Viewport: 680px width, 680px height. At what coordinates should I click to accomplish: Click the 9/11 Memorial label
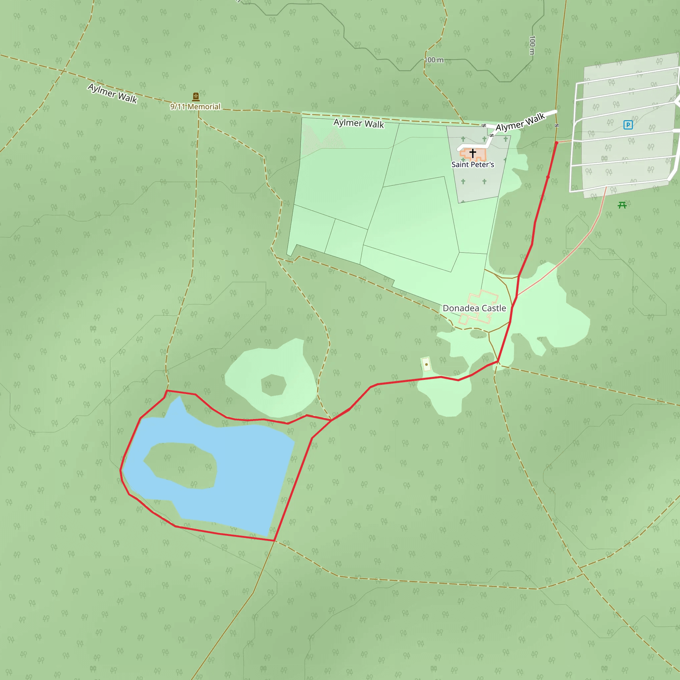pyautogui.click(x=195, y=107)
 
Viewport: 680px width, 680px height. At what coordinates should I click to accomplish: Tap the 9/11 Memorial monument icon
pyautogui.click(x=196, y=96)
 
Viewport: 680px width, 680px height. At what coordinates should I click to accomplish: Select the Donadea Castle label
pyautogui.click(x=474, y=308)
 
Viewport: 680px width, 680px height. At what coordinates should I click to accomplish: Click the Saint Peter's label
pyautogui.click(x=473, y=165)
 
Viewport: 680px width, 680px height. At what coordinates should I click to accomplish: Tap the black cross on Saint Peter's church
pyautogui.click(x=473, y=153)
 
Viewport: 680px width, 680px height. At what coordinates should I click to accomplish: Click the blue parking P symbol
pyautogui.click(x=628, y=125)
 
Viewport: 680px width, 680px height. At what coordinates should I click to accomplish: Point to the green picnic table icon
pyautogui.click(x=622, y=205)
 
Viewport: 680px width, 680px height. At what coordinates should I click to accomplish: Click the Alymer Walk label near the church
pyautogui.click(x=520, y=122)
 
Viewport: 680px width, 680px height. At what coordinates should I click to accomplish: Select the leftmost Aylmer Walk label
pyautogui.click(x=112, y=93)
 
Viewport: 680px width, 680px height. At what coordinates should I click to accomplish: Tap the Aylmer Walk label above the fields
pyautogui.click(x=359, y=124)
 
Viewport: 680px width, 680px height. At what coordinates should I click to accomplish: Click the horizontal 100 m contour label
pyautogui.click(x=434, y=60)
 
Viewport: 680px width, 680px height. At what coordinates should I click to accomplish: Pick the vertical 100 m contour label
pyautogui.click(x=532, y=45)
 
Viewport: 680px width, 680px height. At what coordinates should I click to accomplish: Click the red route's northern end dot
pyautogui.click(x=556, y=143)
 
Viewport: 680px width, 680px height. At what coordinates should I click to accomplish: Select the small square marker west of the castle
pyautogui.click(x=426, y=364)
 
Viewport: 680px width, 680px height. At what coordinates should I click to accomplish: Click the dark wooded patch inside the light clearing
pyautogui.click(x=273, y=385)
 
